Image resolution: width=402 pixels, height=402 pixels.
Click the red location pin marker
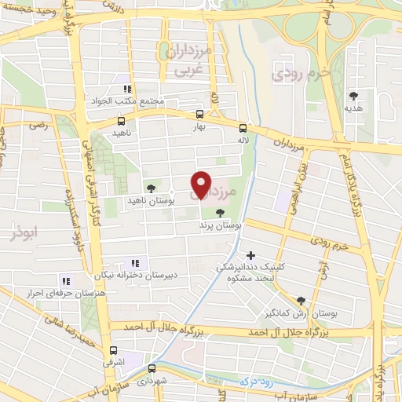click(x=202, y=184)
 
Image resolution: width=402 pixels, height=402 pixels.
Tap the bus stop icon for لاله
click(x=243, y=126)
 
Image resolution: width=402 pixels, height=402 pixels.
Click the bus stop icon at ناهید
click(x=121, y=122)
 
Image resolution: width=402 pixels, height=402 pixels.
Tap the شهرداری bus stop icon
click(x=152, y=367)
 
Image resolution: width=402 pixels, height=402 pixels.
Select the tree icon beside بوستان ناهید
click(x=150, y=188)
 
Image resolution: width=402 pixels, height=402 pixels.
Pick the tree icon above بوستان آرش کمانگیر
click(x=301, y=300)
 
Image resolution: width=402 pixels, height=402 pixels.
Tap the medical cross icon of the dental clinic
click(x=250, y=255)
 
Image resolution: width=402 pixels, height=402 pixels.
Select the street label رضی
click(x=37, y=124)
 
